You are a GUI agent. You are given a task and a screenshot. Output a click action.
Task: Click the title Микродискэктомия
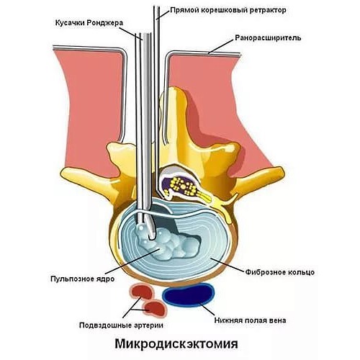179,343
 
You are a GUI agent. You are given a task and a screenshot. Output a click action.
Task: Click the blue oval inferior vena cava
189,294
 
